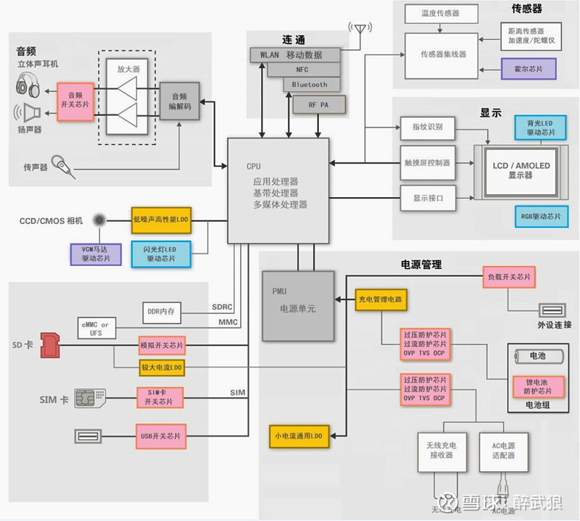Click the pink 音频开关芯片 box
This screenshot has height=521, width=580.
pos(75,100)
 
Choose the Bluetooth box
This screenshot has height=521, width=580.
pos(310,85)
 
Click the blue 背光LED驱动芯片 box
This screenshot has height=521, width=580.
pos(539,128)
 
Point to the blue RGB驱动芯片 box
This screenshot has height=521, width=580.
pos(539,216)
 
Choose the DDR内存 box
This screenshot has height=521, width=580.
pos(162,312)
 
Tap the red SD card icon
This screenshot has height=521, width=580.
pos(50,345)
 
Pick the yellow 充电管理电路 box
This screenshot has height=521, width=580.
pos(379,299)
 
